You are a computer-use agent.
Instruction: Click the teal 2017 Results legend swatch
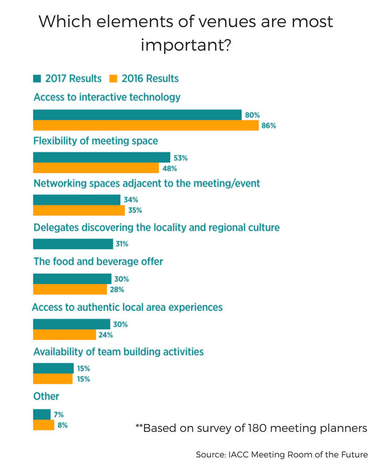click(x=37, y=79)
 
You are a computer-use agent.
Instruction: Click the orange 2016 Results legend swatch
click(x=113, y=79)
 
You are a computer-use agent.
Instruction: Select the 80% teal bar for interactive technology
click(x=137, y=115)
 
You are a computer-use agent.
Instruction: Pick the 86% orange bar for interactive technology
click(x=146, y=125)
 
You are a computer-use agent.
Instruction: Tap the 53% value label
click(x=181, y=158)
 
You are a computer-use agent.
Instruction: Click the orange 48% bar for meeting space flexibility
click(x=96, y=168)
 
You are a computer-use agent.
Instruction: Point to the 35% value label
click(x=135, y=210)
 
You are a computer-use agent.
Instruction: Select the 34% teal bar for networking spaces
click(x=77, y=200)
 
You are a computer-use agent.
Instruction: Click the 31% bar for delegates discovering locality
click(x=73, y=244)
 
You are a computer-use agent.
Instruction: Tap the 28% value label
click(x=117, y=289)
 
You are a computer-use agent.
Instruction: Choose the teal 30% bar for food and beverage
click(x=72, y=279)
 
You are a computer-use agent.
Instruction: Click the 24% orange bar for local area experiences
click(x=64, y=335)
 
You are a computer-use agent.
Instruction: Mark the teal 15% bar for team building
click(x=53, y=369)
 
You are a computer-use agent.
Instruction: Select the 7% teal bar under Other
click(x=42, y=414)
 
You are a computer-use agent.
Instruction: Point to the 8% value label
click(x=62, y=425)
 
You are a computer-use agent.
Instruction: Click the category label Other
click(x=46, y=396)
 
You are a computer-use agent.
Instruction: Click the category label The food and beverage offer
click(x=98, y=261)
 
